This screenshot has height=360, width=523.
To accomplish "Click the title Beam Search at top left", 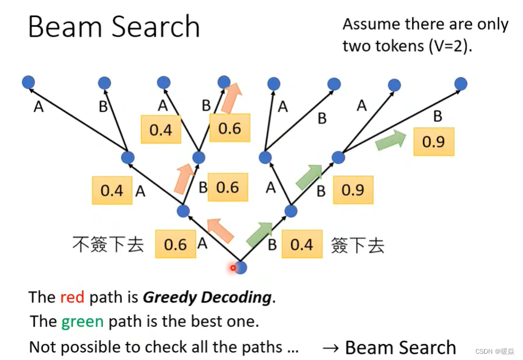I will pyautogui.click(x=114, y=27).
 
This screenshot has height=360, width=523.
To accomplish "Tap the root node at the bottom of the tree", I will pyautogui.click(x=241, y=267).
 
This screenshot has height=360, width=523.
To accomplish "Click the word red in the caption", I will pyautogui.click(x=72, y=297).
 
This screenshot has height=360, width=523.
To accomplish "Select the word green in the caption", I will pyautogui.click(x=82, y=322).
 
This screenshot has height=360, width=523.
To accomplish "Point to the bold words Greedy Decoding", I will pyautogui.click(x=207, y=297).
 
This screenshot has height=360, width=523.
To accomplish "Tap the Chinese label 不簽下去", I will pyautogui.click(x=108, y=244).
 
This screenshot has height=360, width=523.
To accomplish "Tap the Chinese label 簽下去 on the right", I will pyautogui.click(x=358, y=246).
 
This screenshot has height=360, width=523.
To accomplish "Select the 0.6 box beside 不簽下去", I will pyautogui.click(x=175, y=244).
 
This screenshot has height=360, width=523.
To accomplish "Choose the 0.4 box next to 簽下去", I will pyautogui.click(x=302, y=244).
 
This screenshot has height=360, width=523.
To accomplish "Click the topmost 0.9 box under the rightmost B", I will pyautogui.click(x=433, y=141).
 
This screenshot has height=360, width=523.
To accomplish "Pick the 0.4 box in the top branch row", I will pyautogui.click(x=161, y=130).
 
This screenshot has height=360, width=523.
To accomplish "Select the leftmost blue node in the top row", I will pyautogui.click(x=29, y=83).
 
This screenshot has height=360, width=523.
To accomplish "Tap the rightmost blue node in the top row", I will pyautogui.click(x=461, y=84).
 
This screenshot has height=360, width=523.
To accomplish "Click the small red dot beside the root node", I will pyautogui.click(x=233, y=267).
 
